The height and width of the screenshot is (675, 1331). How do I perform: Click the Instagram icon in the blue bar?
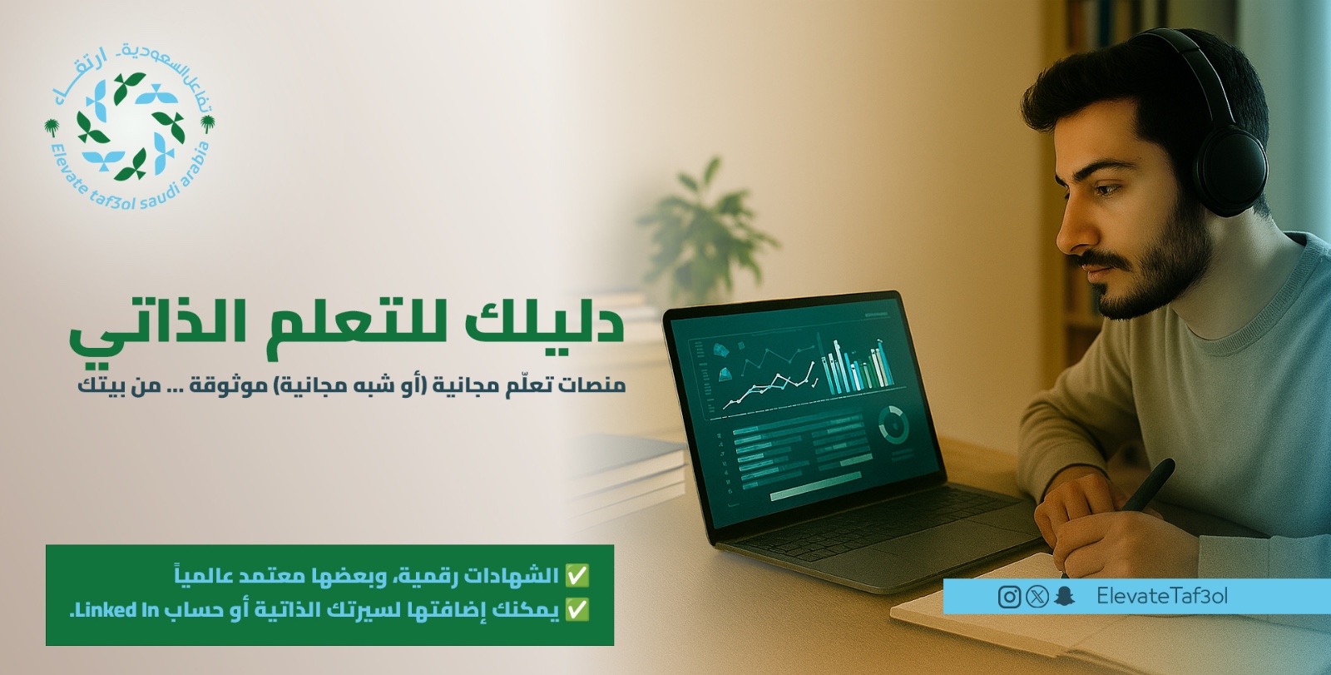pos(1009,597)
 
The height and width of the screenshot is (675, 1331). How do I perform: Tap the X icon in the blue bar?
pos(1037,597)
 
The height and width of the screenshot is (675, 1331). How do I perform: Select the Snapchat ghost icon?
pos(1064,597)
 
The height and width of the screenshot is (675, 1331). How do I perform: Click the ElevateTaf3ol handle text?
pos(1162,596)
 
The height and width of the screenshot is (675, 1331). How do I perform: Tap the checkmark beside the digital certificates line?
pos(577,575)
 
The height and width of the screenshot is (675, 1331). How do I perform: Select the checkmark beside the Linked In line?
pos(577,610)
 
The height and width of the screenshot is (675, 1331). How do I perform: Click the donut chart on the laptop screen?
pos(893,424)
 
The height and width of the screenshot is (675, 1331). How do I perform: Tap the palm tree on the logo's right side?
pos(208,125)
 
